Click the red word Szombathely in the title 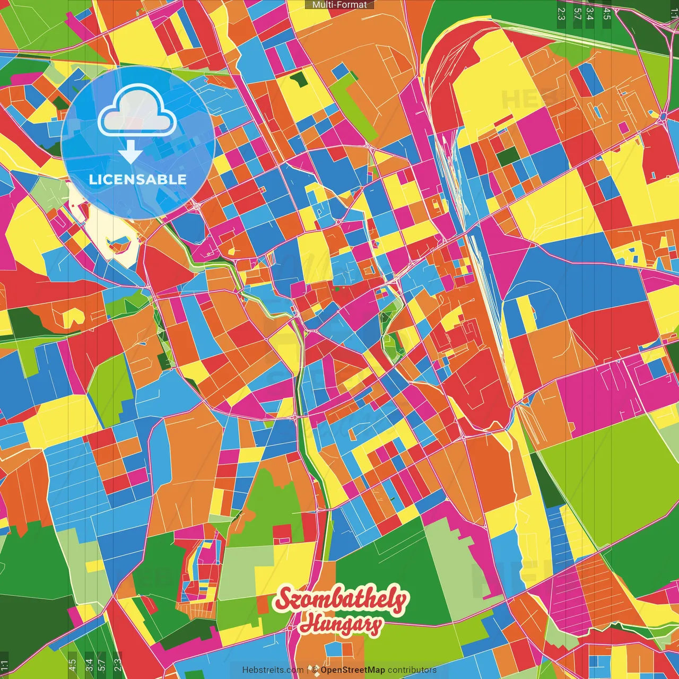click(342, 599)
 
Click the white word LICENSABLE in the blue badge click(138, 179)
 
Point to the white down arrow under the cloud click(130, 152)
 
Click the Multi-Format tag click(339, 5)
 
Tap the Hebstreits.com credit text click(273, 670)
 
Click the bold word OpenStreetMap click(352, 670)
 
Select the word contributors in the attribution click(412, 670)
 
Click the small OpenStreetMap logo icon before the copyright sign click(315, 670)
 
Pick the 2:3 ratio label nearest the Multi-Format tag click(561, 13)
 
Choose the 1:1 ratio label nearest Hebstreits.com click(4, 665)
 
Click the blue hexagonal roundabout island click(664, 116)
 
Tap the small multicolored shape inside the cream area click(118, 245)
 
